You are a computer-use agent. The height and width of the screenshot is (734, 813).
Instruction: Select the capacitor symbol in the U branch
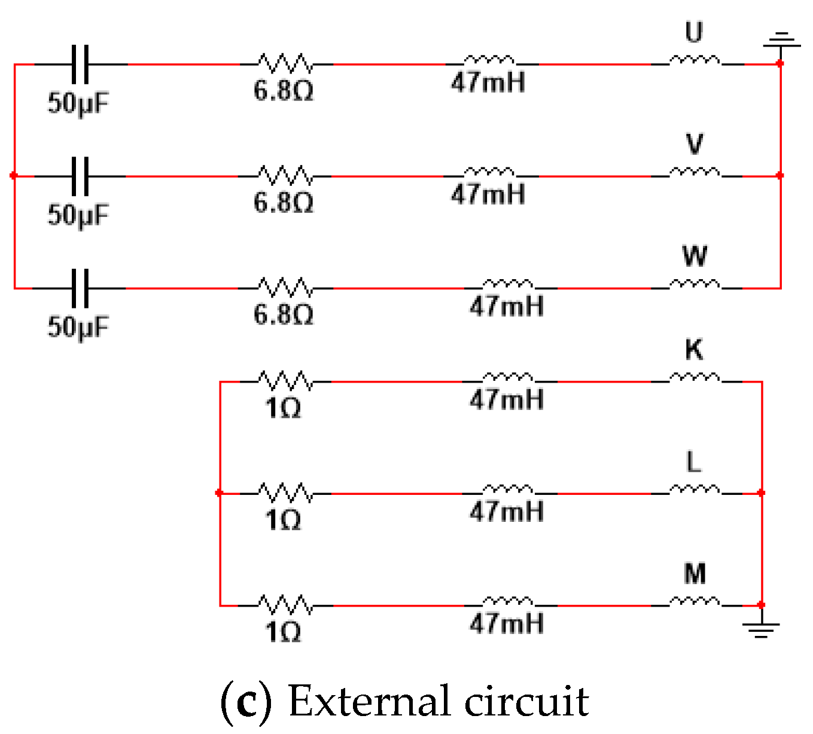coord(80,64)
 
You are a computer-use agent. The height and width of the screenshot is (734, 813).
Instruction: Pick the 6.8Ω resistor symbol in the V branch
coord(285,176)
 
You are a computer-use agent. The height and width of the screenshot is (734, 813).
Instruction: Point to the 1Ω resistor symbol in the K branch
coord(285,381)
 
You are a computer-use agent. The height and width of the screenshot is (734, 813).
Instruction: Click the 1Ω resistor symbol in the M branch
coord(285,605)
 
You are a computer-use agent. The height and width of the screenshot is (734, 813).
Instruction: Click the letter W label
coord(695,256)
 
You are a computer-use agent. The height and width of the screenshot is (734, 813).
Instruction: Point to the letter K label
coord(694,350)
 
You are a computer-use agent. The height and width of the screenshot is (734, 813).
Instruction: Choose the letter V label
coord(694,144)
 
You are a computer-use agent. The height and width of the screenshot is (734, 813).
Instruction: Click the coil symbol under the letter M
coord(695,601)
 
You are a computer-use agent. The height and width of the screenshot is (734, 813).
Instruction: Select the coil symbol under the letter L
coord(695,490)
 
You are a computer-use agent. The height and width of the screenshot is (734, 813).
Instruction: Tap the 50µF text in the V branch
coord(78,215)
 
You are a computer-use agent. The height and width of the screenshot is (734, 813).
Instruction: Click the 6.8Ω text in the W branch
coord(284,314)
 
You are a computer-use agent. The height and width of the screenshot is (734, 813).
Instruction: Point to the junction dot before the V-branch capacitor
coord(14,176)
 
